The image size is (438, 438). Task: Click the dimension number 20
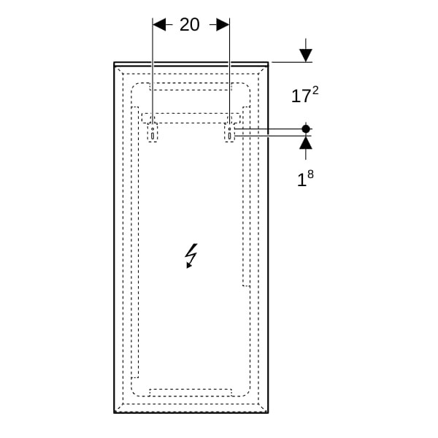189,25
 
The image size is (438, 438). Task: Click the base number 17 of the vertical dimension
301,96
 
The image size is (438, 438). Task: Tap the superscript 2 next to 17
315,91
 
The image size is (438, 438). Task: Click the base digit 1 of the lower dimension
301,180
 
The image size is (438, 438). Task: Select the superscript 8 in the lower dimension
310,174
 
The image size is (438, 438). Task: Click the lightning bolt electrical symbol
191,255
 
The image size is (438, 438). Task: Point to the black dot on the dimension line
306,129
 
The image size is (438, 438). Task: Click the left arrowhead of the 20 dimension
159,25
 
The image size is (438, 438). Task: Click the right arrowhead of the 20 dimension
223,25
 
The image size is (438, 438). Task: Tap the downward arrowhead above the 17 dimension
306,55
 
